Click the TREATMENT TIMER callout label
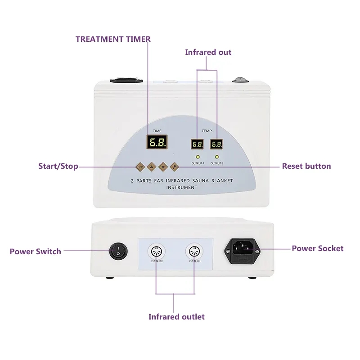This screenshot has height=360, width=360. pos(113,39)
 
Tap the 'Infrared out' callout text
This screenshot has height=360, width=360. pos(208,52)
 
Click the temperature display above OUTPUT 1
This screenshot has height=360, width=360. pos(197,144)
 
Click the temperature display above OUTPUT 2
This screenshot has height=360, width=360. pos(216,144)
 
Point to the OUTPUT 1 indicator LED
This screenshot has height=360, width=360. pos(197,157)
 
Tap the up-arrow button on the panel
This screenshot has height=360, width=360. pos(151,166)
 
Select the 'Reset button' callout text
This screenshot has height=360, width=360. pos(306,166)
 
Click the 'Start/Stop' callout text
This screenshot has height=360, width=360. pos(58,166)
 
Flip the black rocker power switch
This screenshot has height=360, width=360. pos(118,251)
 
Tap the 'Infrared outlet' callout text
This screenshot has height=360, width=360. pos(176,317)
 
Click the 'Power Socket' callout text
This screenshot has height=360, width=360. pos(317,248)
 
